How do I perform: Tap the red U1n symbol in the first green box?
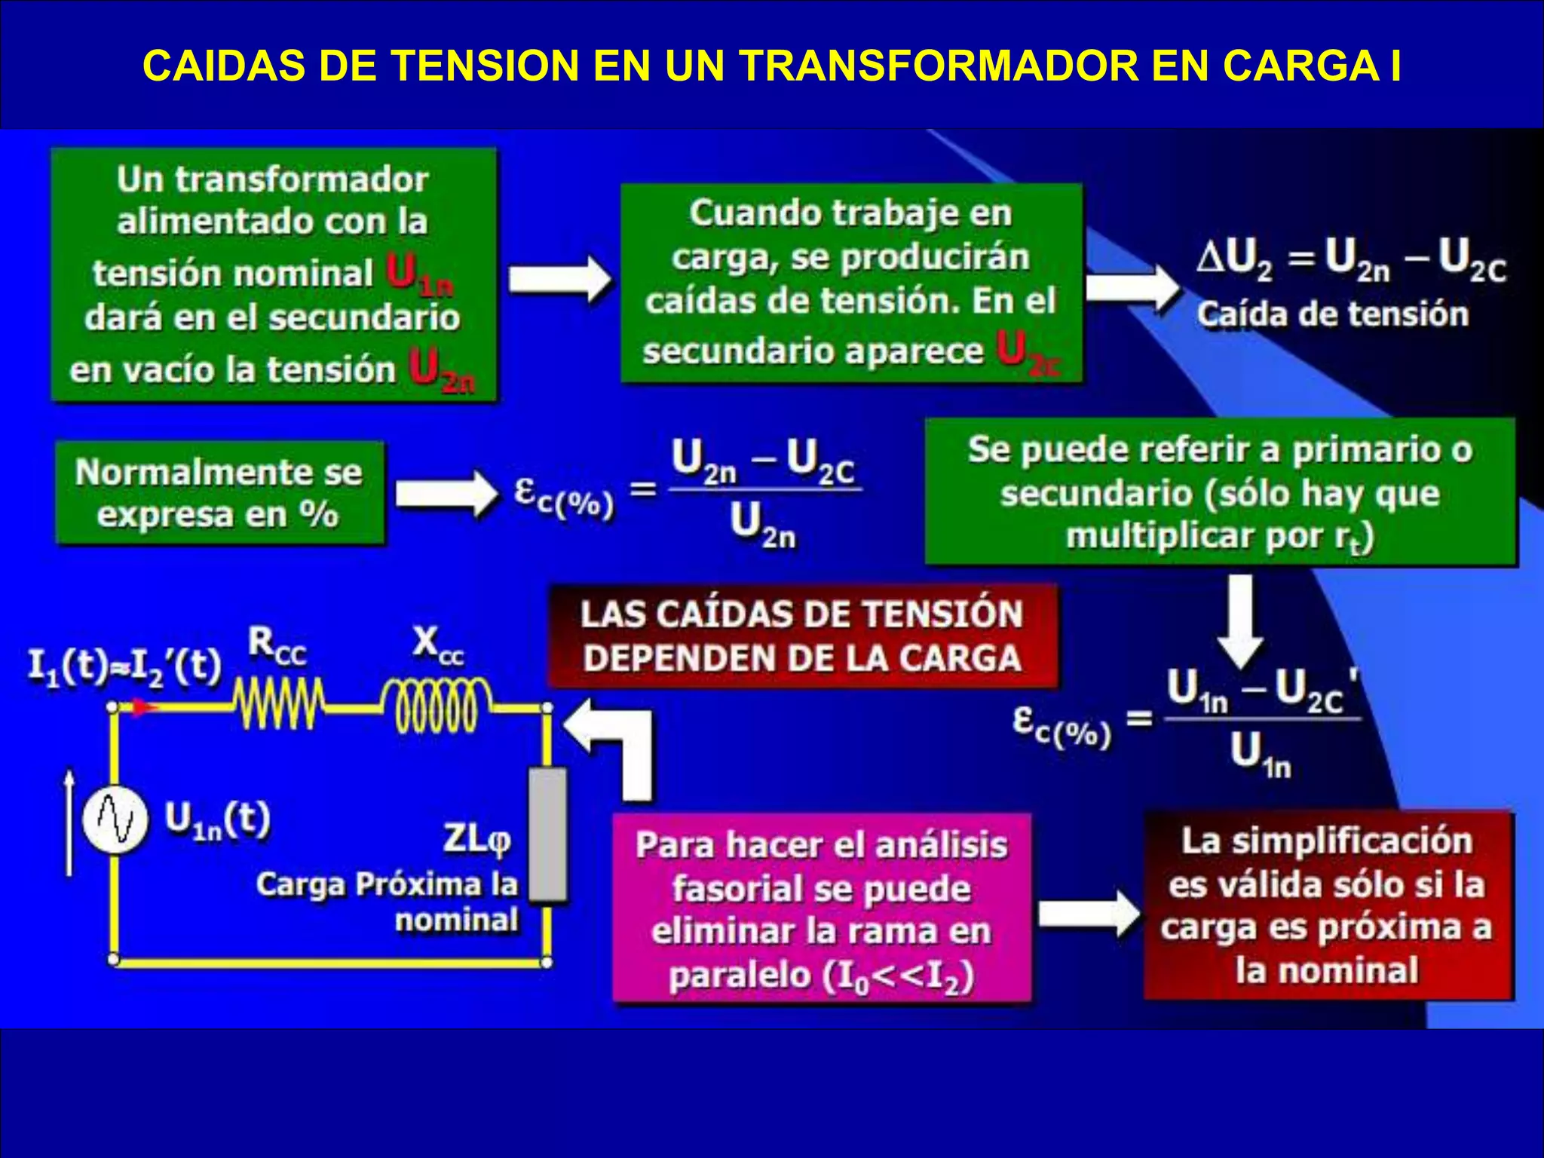[419, 274]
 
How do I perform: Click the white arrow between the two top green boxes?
[559, 279]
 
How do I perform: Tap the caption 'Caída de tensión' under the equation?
[1332, 314]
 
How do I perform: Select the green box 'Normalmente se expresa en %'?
[219, 493]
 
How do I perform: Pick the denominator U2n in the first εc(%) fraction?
[762, 525]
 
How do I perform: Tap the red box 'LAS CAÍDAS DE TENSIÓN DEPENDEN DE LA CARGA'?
[802, 636]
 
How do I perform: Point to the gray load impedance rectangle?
[547, 834]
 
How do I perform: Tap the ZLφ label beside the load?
[476, 839]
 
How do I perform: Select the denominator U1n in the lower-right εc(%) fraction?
[1260, 755]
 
